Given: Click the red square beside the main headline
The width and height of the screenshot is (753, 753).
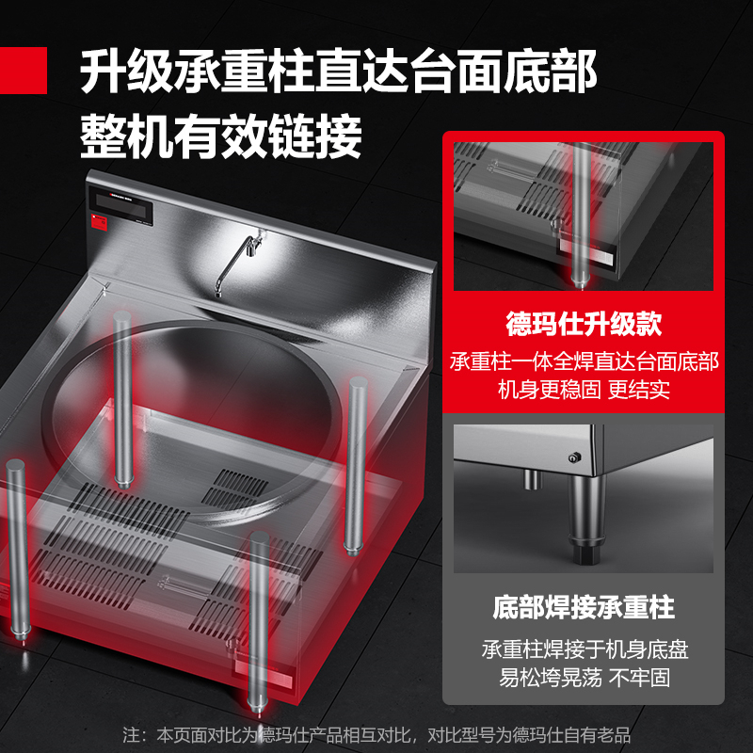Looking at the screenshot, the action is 23,70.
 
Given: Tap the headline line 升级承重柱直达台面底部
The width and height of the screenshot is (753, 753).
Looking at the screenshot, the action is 338,72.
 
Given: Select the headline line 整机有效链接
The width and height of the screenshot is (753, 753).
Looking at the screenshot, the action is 221,136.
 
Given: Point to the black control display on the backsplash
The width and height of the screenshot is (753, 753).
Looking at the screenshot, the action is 121,205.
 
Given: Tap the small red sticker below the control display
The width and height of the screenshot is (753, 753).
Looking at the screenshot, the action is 100,222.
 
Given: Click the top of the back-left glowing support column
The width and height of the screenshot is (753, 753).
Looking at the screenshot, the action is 122,317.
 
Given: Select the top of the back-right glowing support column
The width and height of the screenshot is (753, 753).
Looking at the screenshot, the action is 359,383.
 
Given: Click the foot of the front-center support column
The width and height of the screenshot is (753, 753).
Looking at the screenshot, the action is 258,707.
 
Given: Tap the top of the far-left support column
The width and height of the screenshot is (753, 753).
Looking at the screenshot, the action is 15,464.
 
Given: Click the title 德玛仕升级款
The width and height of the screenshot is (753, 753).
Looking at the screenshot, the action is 584,324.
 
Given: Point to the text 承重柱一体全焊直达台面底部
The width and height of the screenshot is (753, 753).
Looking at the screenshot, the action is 584,361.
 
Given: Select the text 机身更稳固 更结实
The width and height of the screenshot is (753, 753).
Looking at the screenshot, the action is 584,389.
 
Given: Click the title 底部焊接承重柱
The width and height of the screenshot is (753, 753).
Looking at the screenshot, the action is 584,607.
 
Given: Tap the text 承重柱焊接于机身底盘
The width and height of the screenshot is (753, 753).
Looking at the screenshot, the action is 585,649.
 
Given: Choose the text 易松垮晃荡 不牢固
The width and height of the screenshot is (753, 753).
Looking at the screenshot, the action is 584,678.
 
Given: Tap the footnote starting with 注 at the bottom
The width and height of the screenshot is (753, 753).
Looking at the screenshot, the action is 376,735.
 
